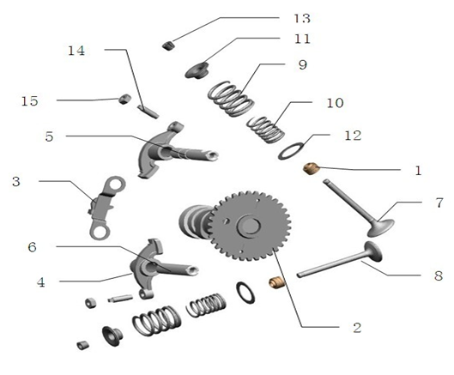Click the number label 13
301,18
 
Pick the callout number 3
16,181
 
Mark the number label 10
335,103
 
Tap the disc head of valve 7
378,228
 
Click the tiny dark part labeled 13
169,43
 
